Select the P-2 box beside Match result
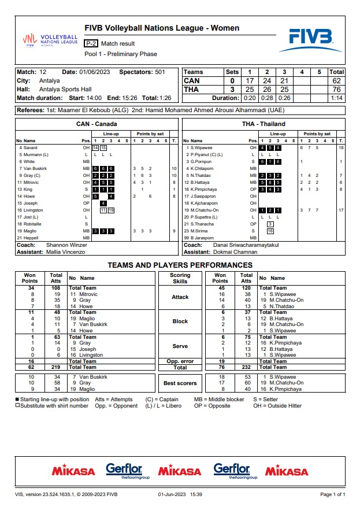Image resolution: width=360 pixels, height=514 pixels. tap(91, 43)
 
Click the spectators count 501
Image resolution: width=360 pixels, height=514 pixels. tap(159, 72)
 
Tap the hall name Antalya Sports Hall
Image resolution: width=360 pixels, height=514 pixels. tap(65, 90)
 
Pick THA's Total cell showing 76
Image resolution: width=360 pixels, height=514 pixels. tap(336, 90)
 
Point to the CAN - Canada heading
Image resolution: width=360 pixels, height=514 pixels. tap(97, 124)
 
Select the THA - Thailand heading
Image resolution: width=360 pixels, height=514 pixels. tap(264, 124)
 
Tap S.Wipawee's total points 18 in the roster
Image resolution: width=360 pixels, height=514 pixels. tap(341, 148)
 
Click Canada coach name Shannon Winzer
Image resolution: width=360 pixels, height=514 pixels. tap(66, 245)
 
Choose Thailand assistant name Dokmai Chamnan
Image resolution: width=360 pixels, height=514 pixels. tap(238, 252)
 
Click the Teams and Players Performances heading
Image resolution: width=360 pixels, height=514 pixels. tap(180, 265)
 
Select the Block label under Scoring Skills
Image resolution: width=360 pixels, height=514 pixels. tap(180, 321)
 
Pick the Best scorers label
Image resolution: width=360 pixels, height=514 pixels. tap(180, 383)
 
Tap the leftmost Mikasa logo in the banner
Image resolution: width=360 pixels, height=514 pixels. tap(73, 471)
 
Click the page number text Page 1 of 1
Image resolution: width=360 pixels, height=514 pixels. tap(332, 494)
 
